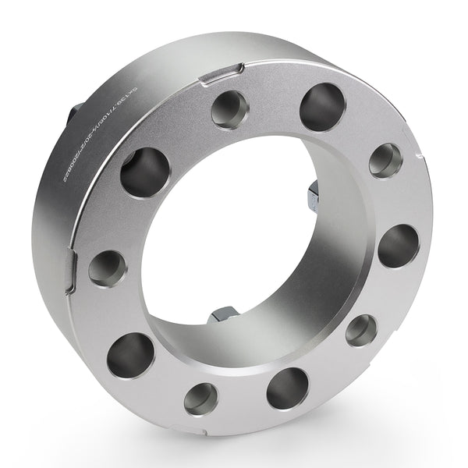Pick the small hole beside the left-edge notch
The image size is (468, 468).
click(x=107, y=268)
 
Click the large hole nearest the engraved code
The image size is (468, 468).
click(x=144, y=170)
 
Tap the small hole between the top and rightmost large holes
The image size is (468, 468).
click(x=385, y=160)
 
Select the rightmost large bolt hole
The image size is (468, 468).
click(x=398, y=246)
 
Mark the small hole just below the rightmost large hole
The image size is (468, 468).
click(x=361, y=330)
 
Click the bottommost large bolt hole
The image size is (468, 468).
click(x=287, y=388)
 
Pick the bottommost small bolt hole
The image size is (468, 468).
click(x=201, y=399)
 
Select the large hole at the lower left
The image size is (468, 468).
click(x=132, y=355)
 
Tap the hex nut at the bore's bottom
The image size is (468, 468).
click(x=220, y=316)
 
